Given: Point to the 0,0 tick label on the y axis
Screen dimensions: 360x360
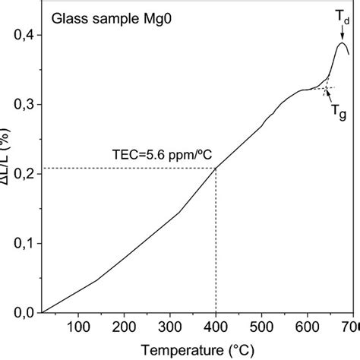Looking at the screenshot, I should pos(24,312).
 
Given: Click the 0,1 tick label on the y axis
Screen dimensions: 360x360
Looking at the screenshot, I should pos(24,243).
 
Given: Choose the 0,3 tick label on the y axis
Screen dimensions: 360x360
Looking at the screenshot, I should pos(24,104).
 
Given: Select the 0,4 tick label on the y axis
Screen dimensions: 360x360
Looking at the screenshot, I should pos(24,35).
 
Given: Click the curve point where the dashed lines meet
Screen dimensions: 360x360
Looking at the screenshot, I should pos(216,168).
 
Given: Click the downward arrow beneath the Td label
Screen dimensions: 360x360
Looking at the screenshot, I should pos(341,33).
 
